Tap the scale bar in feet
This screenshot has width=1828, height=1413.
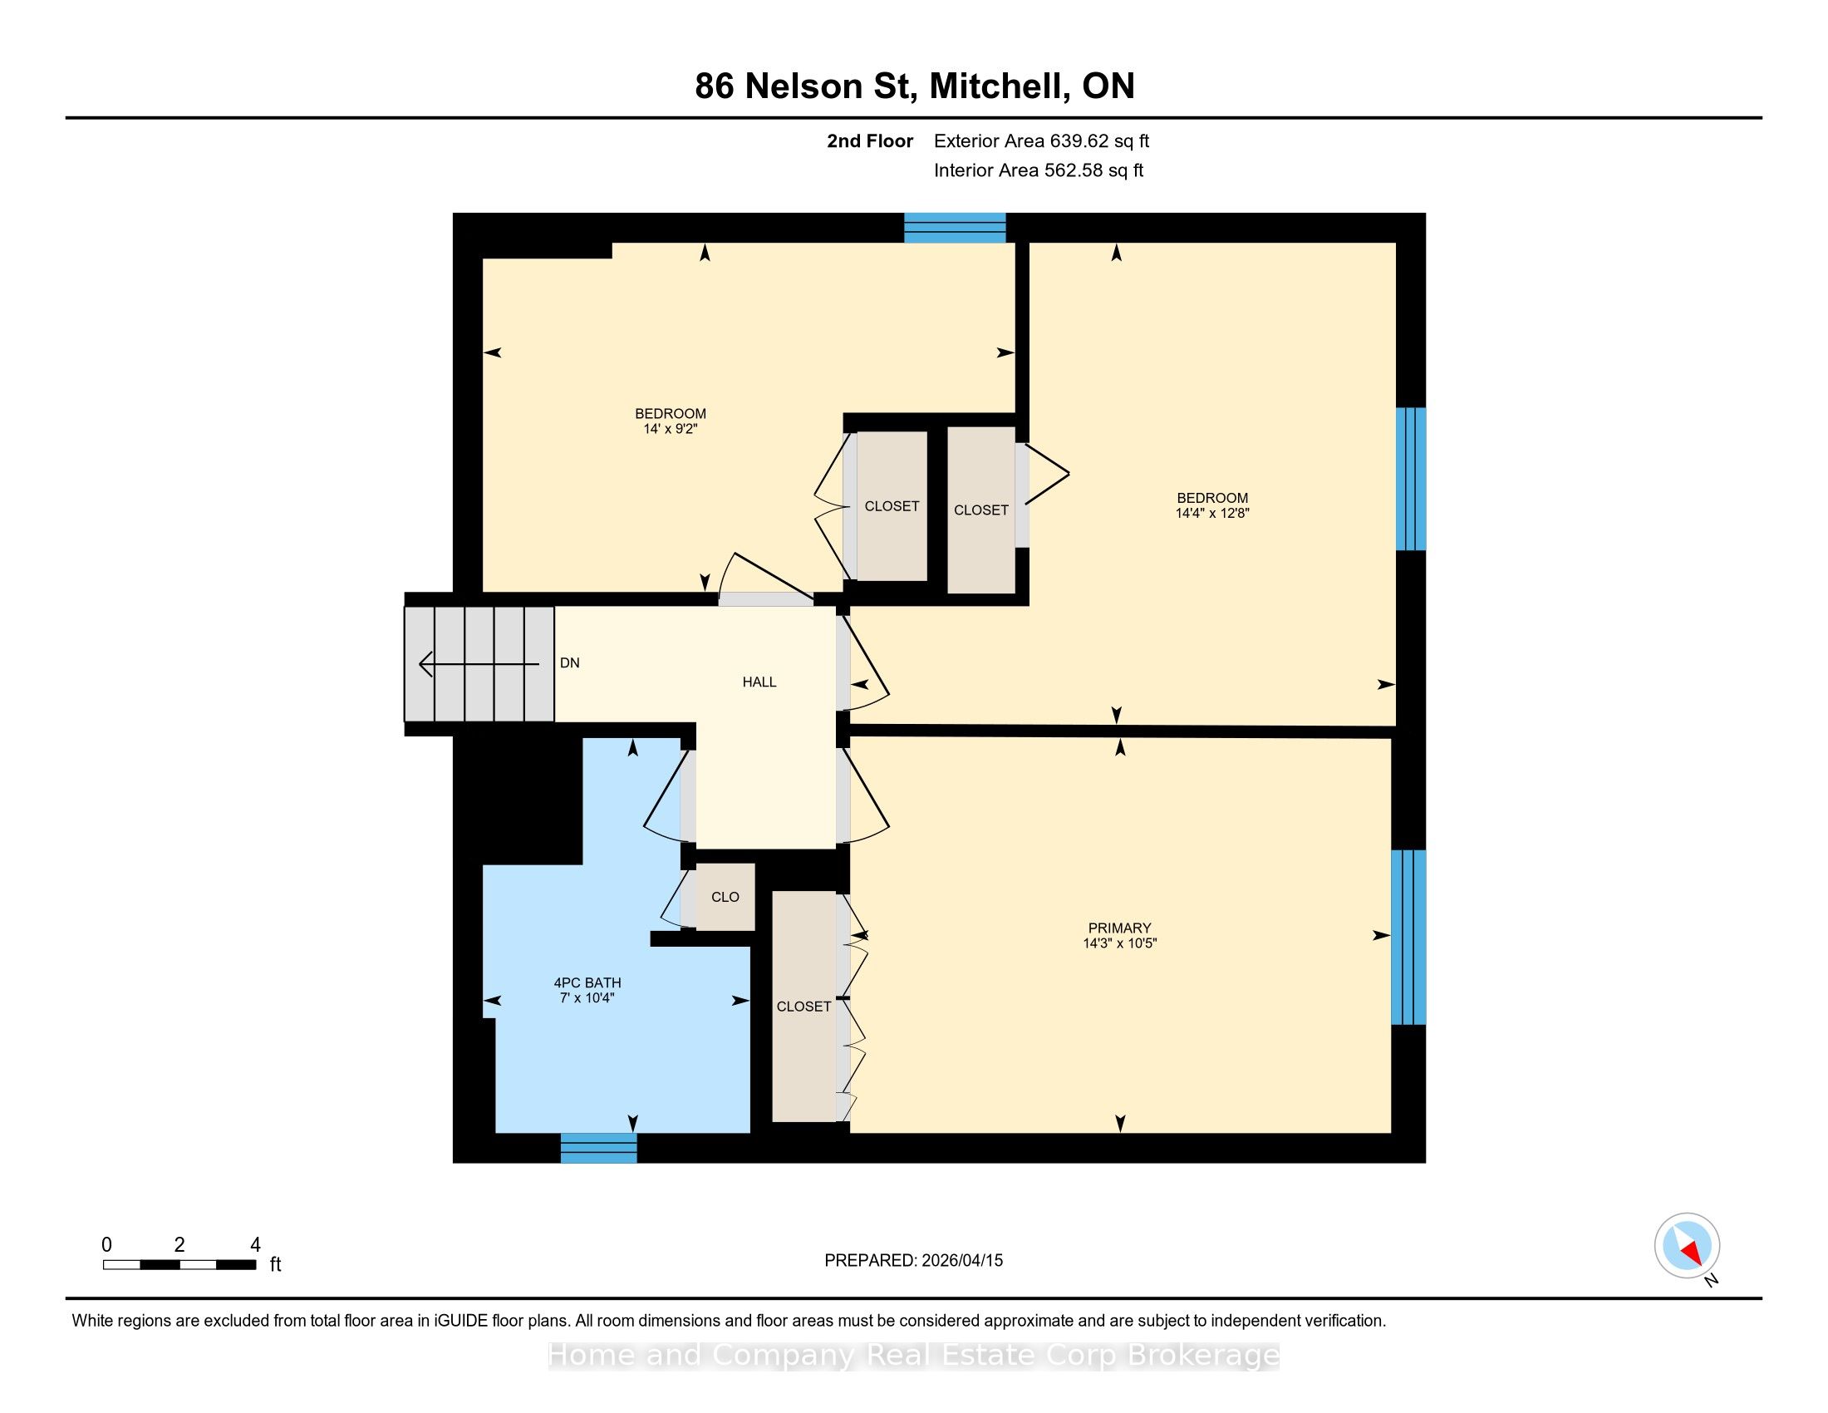tap(180, 1265)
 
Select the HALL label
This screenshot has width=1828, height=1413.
tap(759, 682)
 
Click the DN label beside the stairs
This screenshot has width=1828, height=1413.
tap(569, 663)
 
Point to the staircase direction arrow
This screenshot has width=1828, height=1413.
tap(479, 664)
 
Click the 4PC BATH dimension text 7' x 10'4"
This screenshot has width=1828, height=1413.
tap(587, 997)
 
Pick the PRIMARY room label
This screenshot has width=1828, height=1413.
tap(1119, 928)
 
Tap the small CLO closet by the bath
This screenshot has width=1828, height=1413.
tap(725, 897)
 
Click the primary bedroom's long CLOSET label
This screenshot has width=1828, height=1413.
tap(803, 1007)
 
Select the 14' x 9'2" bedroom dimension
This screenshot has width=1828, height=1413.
tap(671, 429)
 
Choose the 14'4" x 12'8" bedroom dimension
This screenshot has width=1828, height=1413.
tap(1212, 513)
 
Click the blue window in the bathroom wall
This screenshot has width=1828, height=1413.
tap(598, 1148)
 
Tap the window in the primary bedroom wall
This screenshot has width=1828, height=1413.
tap(1408, 937)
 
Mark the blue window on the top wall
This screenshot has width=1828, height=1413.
tap(955, 228)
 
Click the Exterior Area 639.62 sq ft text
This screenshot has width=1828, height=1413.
tap(1041, 140)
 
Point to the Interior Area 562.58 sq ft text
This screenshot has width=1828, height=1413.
tap(1038, 170)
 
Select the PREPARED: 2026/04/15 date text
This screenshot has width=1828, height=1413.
tap(913, 1260)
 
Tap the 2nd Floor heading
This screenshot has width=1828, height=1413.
tap(870, 140)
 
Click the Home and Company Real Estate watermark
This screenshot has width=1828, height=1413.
tap(913, 1355)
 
